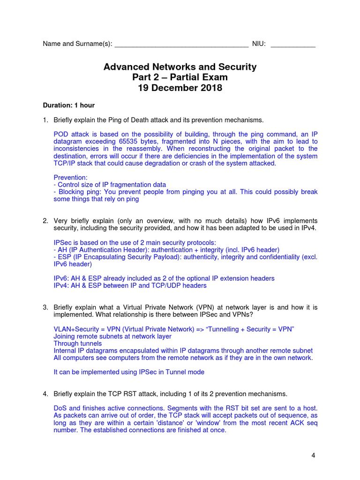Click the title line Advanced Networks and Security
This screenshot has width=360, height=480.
point(180,67)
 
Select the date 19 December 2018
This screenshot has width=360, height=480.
point(180,88)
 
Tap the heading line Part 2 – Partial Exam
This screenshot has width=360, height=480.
point(180,77)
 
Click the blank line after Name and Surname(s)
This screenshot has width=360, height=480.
point(181,45)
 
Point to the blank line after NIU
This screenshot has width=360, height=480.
point(293,45)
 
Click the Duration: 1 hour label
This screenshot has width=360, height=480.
point(69,105)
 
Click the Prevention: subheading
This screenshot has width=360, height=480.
point(70,177)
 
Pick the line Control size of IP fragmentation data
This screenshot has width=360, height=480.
point(110,185)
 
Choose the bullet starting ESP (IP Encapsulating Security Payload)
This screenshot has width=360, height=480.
point(185,257)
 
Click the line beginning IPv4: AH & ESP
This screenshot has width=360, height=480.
point(130,285)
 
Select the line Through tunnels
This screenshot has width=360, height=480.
point(77,343)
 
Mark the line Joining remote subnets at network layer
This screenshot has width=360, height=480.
point(112,336)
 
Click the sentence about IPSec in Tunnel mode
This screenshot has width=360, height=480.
point(129,372)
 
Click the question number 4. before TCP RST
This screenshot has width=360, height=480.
point(45,394)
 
